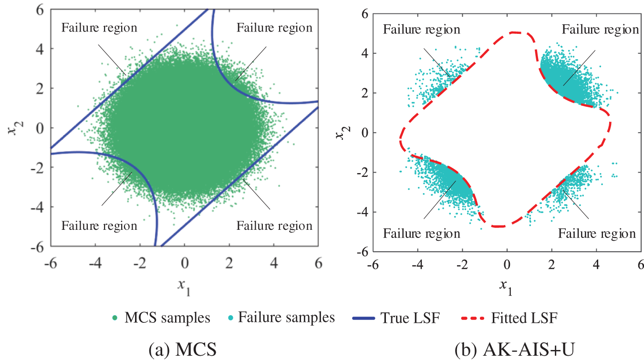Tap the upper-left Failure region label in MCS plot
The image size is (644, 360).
tap(99, 28)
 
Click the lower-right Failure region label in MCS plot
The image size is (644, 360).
tap(274, 226)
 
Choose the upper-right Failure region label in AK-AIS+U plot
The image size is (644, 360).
tap(600, 30)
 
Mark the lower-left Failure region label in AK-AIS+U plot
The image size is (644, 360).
tap(422, 234)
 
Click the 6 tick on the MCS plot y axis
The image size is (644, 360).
tap(41, 10)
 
